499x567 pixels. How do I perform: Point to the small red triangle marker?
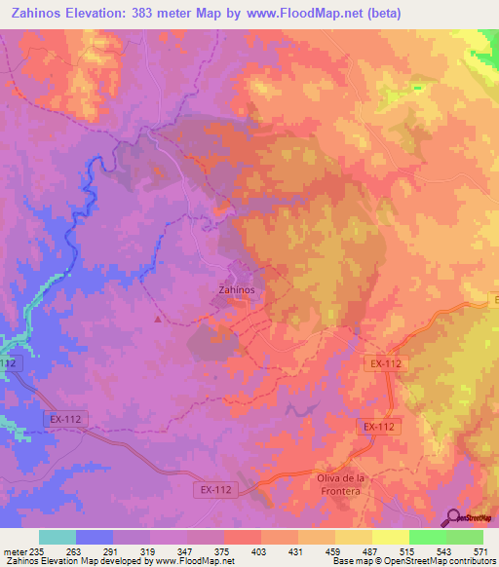[159, 318]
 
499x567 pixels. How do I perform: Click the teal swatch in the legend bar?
[58, 537]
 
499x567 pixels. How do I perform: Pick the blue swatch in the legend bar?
[95, 537]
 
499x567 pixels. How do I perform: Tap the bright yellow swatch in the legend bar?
[390, 537]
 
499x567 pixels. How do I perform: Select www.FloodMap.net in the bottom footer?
[191, 561]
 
